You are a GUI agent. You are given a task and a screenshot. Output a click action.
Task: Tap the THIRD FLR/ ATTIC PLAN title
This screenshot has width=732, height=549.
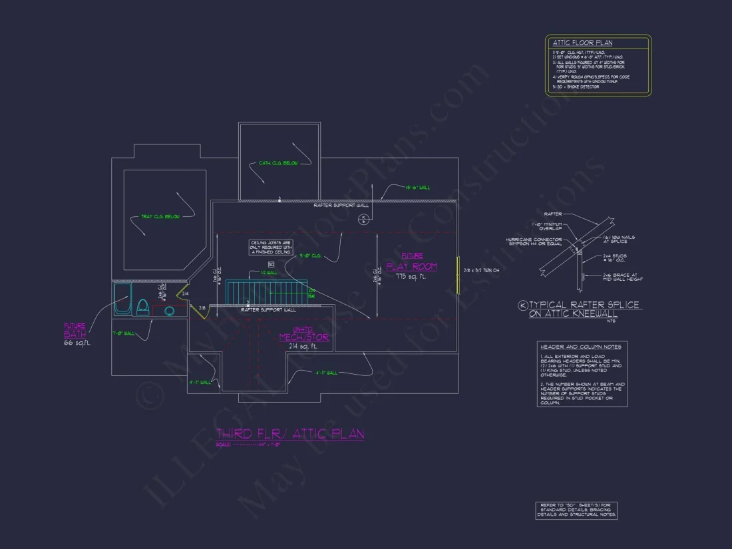coord(290,434)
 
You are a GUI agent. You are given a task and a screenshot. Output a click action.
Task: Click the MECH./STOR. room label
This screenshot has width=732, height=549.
coord(304,337)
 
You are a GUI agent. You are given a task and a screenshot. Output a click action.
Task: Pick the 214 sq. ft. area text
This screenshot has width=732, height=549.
coord(303,347)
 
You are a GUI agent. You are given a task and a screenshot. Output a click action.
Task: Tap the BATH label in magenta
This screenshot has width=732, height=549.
coord(75,333)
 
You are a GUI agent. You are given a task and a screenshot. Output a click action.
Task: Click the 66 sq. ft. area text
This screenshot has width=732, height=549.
coord(77,343)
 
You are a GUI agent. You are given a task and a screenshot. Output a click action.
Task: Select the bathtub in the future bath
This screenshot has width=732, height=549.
coord(122,299)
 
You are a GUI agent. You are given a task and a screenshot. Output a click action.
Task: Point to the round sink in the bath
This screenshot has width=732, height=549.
coord(169,310)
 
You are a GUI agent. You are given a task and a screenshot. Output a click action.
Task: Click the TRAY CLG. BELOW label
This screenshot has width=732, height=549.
coord(160,216)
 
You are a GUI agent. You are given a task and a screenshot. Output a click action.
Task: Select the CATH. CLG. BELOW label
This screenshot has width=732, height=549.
coord(274,163)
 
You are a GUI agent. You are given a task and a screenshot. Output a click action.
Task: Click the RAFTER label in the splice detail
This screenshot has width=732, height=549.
coord(553,214)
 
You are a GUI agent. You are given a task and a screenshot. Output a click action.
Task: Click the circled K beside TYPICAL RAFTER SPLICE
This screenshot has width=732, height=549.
coord(523,305)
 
